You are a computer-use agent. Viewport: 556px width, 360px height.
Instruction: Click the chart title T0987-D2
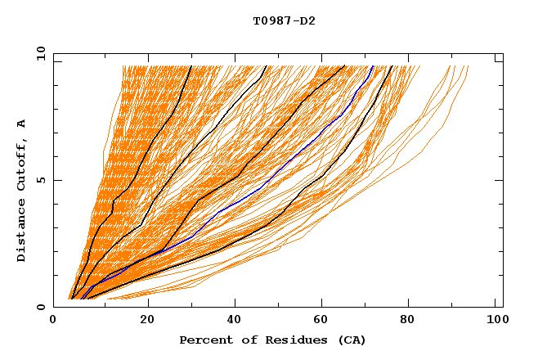point(284,20)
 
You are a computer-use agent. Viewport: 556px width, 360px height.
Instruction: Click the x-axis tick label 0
point(53,322)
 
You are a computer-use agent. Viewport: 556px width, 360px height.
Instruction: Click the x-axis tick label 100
point(495,322)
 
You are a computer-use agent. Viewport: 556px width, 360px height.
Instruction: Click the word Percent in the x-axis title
point(202,340)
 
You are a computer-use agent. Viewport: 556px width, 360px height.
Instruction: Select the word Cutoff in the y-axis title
point(21,163)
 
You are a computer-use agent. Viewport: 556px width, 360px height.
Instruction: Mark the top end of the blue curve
point(373,66)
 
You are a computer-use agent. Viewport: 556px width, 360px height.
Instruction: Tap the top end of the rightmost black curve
point(392,66)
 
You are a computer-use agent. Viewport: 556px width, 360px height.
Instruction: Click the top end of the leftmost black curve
point(191,66)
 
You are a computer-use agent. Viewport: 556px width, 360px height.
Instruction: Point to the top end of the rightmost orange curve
point(469,66)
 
